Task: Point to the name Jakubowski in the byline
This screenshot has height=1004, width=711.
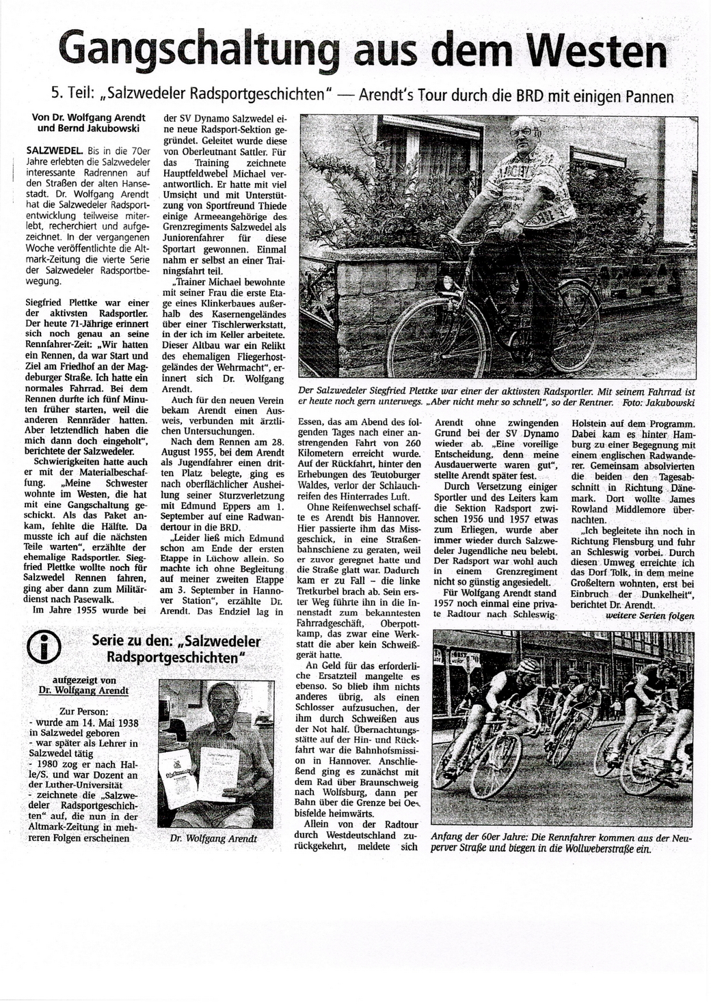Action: (x=113, y=128)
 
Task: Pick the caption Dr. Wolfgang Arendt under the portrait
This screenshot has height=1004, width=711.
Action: (x=213, y=838)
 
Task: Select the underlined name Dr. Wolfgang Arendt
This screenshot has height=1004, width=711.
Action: (x=85, y=691)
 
